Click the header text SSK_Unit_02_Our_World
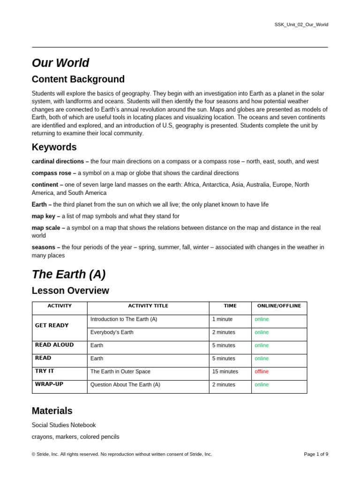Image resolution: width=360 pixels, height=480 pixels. click(x=301, y=24)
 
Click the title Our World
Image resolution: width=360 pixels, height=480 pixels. click(x=60, y=63)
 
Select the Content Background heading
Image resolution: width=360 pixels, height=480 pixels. click(x=78, y=79)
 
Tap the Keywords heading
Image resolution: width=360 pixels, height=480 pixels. click(x=54, y=147)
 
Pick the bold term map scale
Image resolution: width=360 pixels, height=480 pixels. click(x=48, y=228)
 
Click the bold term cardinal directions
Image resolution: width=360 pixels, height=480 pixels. click(x=58, y=161)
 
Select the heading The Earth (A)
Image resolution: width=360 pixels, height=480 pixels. click(x=68, y=274)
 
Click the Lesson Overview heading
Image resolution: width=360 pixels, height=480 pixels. click(x=70, y=291)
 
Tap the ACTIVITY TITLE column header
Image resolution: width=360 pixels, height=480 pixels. click(x=148, y=306)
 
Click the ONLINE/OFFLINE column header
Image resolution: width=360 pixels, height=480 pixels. click(x=279, y=306)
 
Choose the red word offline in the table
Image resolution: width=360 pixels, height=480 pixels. click(x=262, y=371)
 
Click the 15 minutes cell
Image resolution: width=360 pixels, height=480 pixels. click(x=225, y=371)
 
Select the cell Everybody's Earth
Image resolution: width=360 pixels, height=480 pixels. click(x=112, y=332)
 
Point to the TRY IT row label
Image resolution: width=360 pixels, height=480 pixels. click(x=45, y=371)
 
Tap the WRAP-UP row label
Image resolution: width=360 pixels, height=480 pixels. click(x=49, y=384)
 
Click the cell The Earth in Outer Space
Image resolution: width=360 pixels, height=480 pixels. click(x=120, y=371)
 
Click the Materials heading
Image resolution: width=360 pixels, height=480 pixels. click(x=52, y=411)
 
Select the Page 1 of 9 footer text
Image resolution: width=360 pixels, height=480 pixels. click(x=316, y=454)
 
